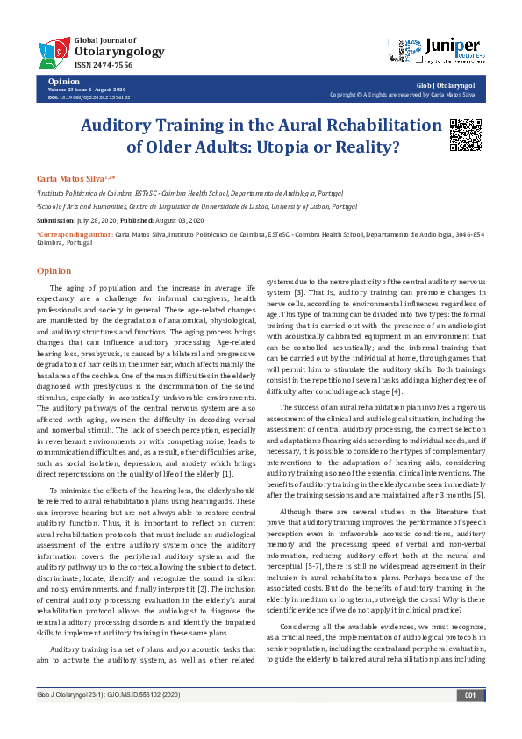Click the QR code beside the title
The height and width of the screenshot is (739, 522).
click(x=465, y=134)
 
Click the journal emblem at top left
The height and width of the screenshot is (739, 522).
click(x=54, y=51)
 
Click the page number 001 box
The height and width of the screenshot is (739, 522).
click(x=470, y=720)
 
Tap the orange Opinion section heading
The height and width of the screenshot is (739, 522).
click(x=54, y=271)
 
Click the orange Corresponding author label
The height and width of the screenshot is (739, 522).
click(x=75, y=236)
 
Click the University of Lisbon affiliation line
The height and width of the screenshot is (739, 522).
click(x=184, y=206)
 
